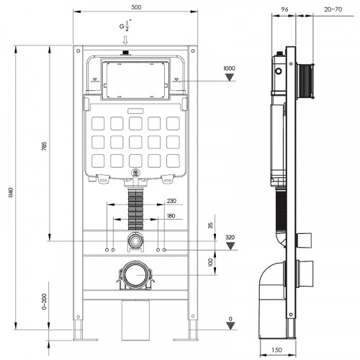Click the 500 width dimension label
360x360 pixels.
click(x=136, y=7)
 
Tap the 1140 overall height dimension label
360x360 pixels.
click(x=11, y=193)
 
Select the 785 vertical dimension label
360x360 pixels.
click(x=45, y=146)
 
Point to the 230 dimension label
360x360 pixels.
click(x=171, y=201)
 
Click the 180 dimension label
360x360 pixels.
click(x=171, y=216)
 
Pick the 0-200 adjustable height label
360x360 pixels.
click(x=45, y=302)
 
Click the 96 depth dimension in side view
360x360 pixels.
click(x=284, y=9)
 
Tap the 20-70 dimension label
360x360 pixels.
click(x=333, y=9)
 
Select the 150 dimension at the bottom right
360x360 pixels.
click(x=276, y=350)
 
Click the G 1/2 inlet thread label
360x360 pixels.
click(x=125, y=26)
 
